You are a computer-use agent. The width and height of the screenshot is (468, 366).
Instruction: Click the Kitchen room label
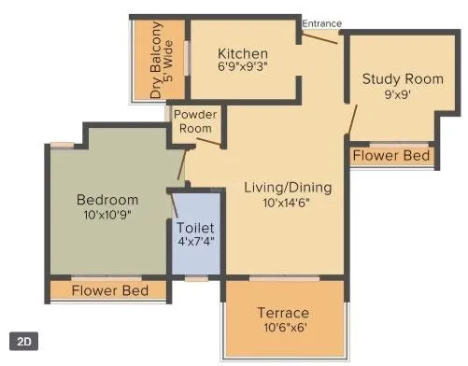[x=243, y=53]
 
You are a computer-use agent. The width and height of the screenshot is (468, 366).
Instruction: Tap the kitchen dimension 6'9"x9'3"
[x=243, y=68]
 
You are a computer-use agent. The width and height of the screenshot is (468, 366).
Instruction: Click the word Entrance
[x=322, y=23]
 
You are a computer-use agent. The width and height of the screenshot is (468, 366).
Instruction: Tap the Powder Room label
[x=196, y=120]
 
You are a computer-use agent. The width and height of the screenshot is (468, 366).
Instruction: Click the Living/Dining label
[x=288, y=187]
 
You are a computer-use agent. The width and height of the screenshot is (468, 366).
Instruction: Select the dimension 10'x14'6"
[x=288, y=203]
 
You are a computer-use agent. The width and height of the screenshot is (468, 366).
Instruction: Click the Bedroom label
[x=107, y=200]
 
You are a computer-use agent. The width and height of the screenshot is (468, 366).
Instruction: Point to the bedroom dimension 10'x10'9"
[x=107, y=215]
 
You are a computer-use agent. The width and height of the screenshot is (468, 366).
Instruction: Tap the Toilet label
[x=196, y=228]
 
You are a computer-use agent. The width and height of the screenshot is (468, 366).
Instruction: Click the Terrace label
[x=283, y=313]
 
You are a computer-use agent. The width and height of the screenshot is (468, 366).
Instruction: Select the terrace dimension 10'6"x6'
[x=283, y=329]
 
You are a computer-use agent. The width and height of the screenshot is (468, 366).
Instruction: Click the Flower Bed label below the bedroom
[x=110, y=290]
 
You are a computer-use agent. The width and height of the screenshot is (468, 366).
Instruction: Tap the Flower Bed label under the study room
[x=391, y=156]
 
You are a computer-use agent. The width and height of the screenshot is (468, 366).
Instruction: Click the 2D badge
[x=22, y=339]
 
